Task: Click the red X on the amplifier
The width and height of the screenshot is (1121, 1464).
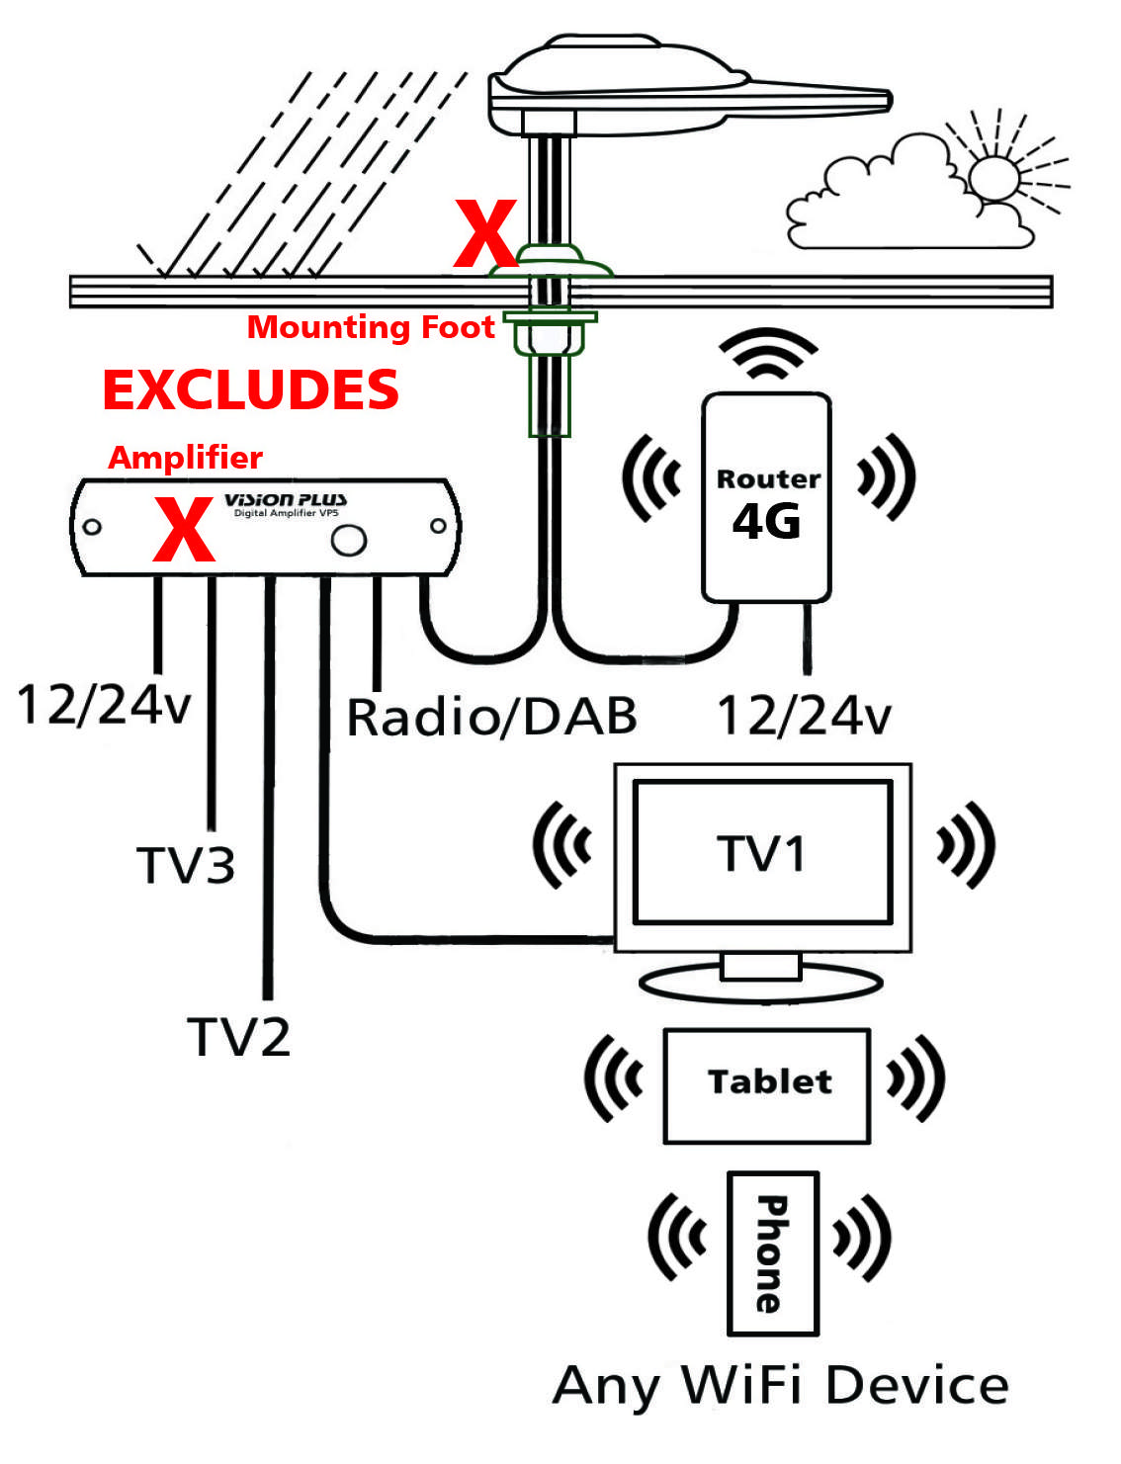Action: pos(184,530)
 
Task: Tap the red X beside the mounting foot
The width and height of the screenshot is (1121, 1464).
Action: pos(484,234)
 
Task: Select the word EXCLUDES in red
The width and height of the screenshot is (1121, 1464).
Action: pos(251,389)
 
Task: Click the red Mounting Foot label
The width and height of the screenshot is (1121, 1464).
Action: pos(371,327)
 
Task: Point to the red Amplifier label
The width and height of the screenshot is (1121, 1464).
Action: pos(185,458)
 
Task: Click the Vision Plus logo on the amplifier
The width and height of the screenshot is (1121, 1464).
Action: pos(286,500)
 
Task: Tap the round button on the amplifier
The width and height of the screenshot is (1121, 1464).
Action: pos(348,540)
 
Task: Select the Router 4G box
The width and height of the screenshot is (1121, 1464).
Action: pos(766,497)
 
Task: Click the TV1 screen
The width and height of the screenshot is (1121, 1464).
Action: pos(762,852)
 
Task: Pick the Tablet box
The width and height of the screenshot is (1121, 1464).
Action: pos(767,1085)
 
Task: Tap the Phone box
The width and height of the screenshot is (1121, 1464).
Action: pos(772,1253)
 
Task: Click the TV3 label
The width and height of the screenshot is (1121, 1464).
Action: pos(186,866)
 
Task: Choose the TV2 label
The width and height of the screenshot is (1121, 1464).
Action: pos(239,1038)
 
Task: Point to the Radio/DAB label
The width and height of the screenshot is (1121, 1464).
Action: pos(491,717)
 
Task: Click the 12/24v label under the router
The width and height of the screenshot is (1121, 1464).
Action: pos(804,716)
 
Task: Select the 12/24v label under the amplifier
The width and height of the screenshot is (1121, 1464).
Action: pos(104,706)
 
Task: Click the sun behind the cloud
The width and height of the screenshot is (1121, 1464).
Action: pos(994,178)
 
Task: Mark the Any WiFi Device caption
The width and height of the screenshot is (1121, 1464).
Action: pos(780,1386)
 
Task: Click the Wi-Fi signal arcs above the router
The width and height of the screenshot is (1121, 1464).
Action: pos(767,354)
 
